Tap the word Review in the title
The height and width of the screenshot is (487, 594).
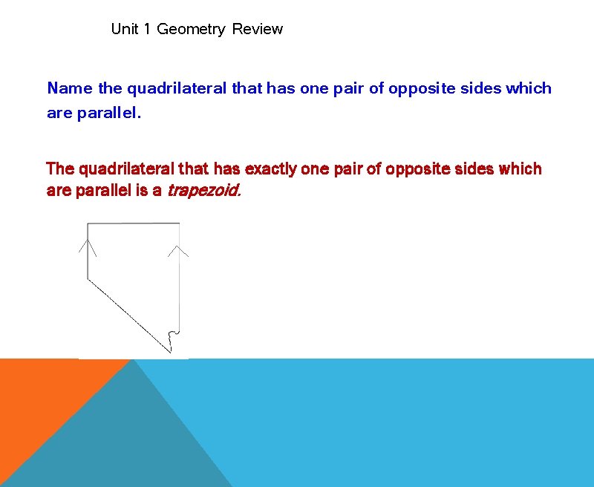pyautogui.click(x=257, y=30)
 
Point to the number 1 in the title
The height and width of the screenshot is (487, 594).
pyautogui.click(x=147, y=30)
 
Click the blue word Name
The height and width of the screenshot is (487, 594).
pyautogui.click(x=70, y=88)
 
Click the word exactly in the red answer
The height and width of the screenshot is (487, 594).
pyautogui.click(x=270, y=169)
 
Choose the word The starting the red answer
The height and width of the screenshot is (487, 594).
pyautogui.click(x=60, y=169)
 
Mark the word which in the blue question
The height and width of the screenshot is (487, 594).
pyautogui.click(x=529, y=88)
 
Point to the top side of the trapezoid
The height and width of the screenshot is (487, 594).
pyautogui.click(x=134, y=223)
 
